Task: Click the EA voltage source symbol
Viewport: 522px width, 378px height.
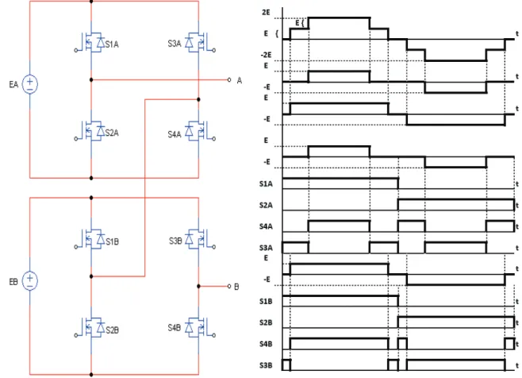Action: pos(30,84)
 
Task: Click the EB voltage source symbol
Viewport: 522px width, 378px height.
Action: pos(30,280)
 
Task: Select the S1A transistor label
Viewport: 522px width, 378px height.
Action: pos(112,44)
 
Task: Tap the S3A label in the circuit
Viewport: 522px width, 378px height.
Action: pos(175,44)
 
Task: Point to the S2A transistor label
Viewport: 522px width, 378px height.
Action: pos(112,133)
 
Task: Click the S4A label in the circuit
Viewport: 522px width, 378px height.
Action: pos(175,134)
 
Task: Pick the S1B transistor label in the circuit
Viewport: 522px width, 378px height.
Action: pos(112,241)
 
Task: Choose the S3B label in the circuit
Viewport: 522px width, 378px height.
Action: pos(175,241)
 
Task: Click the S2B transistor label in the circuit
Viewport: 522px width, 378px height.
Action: pos(112,330)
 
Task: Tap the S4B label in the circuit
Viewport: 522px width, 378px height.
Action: pos(174,328)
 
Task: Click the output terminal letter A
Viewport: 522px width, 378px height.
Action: pos(240,80)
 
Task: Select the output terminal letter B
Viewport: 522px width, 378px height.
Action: pos(236,287)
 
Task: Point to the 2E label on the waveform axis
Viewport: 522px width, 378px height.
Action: pos(266,13)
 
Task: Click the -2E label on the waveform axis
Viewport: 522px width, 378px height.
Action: pos(266,55)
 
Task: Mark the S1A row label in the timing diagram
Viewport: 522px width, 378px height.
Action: pos(266,183)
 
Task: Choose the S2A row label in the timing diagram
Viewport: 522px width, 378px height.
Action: pos(266,205)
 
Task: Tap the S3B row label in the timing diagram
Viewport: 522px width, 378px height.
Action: pos(266,365)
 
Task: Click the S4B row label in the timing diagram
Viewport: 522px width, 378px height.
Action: pos(266,344)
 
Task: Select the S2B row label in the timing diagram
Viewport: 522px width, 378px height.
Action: pos(266,322)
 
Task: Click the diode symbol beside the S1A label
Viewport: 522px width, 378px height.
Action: pos(101,42)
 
